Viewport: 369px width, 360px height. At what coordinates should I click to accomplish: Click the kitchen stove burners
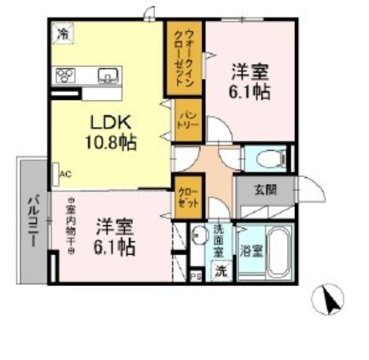point(65,75)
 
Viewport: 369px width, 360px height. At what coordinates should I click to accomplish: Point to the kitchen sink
point(109,76)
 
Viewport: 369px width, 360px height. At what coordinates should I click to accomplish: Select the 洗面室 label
point(219,242)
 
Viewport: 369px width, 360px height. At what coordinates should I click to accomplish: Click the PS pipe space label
point(195,276)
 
